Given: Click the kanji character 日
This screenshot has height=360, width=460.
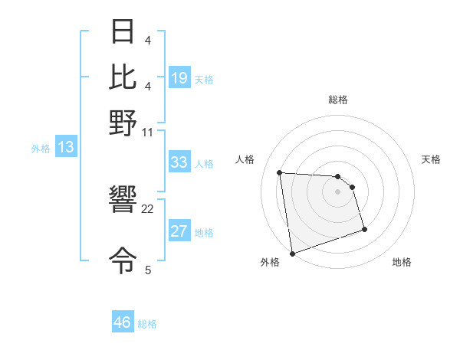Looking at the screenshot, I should tap(123, 33).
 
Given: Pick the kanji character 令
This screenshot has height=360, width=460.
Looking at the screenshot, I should tap(123, 255).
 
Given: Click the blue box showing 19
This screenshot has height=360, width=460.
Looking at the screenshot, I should tap(179, 78).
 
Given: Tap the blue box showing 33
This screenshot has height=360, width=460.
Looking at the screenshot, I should tap(179, 162).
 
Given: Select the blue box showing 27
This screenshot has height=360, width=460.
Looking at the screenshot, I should tap(179, 232).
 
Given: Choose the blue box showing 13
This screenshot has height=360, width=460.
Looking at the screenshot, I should tap(66, 148).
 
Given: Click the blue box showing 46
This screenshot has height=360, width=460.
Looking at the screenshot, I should tap(123, 322).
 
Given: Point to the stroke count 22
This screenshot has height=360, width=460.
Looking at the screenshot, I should tap(148, 208).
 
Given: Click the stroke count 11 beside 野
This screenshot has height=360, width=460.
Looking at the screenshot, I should tap(148, 132).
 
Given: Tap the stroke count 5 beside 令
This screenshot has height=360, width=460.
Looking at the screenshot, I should tap(148, 269).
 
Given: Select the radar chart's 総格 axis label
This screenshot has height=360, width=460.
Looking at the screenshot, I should tap(337, 100).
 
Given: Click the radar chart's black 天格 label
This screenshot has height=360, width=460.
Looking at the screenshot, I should tap(431, 159).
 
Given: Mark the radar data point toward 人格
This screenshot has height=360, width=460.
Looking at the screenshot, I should tap(280, 172).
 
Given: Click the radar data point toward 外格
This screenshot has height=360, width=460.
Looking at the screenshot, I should tap(292, 253).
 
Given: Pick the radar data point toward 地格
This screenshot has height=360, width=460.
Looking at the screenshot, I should tap(364, 229).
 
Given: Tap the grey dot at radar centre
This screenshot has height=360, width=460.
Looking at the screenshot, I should tap(337, 191).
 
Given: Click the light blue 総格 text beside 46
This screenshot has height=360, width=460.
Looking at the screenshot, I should tap(147, 324).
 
